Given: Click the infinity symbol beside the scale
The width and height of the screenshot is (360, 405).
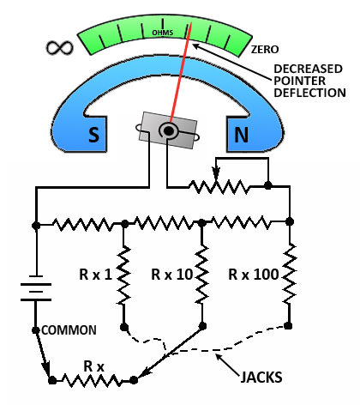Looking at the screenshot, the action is tap(60, 47).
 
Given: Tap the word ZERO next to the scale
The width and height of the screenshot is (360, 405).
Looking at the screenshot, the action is tap(265, 50).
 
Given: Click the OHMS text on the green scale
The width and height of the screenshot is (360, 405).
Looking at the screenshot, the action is tap(163, 33).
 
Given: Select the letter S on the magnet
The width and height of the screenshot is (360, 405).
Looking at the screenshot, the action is tap(93, 134).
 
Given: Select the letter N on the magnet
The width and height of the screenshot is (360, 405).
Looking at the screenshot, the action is tap(241, 135).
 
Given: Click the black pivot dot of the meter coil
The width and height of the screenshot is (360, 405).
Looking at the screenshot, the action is tap(169, 131).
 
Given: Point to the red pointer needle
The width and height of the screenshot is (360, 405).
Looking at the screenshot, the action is tap(181, 72).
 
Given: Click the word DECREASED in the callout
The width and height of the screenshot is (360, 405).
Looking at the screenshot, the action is tap(308, 69).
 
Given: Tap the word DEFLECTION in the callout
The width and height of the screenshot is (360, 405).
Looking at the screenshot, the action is tap(309, 93).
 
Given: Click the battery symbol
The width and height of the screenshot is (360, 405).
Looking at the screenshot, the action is tap(36, 288).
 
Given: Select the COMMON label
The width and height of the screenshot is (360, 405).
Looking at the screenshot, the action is tap(69, 330).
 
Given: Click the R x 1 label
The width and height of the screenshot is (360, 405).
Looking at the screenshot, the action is tap(95, 275).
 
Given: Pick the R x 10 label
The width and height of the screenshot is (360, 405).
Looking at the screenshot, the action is tap(171, 275).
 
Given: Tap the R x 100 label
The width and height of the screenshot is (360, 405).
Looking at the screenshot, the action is tap(254, 275).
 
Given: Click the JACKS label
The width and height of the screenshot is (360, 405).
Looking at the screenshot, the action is tap(261, 377).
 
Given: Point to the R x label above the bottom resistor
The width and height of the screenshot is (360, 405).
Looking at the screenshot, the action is tap(93, 366).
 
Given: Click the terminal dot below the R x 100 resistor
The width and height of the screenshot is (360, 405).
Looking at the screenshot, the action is tap(288, 325).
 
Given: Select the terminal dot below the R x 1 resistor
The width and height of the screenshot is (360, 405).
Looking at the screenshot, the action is tap(123, 327).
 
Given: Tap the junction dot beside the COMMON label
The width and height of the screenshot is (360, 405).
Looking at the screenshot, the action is tap(35, 330).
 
